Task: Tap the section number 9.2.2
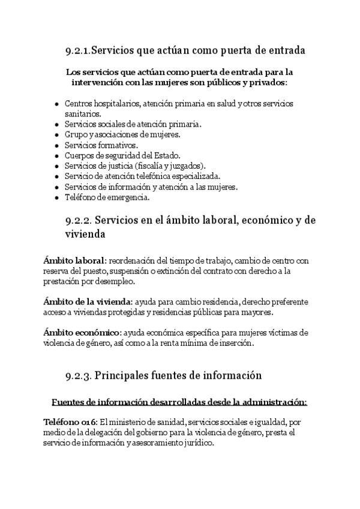78,220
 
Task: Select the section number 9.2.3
78,376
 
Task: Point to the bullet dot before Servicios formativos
56,145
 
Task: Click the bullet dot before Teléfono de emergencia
56,197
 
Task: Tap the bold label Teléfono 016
70,422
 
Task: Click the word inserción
236,344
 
